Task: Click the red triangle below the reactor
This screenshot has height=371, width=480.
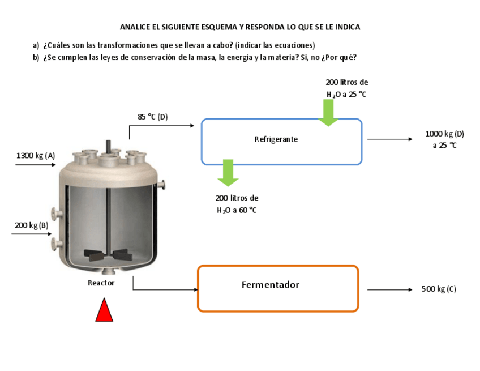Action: pyautogui.click(x=104, y=311)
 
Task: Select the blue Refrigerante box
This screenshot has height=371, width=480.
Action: pyautogui.click(x=281, y=142)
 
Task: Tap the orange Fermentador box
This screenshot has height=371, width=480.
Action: pyautogui.click(x=277, y=288)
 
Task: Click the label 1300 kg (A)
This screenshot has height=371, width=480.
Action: pyautogui.click(x=36, y=155)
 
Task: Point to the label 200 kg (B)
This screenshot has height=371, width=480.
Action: pyautogui.click(x=32, y=225)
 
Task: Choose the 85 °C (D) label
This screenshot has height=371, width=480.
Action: pyautogui.click(x=153, y=117)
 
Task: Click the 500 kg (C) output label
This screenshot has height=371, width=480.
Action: pyautogui.click(x=439, y=289)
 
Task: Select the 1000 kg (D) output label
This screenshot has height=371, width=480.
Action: pyautogui.click(x=444, y=139)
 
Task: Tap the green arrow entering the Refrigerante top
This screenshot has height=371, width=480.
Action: pyautogui.click(x=328, y=112)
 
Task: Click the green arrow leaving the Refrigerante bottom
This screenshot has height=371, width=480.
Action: pyautogui.click(x=228, y=173)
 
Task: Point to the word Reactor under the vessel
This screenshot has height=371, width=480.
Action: pyautogui.click(x=101, y=283)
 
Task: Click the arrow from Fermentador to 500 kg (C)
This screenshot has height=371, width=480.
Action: pyautogui.click(x=390, y=289)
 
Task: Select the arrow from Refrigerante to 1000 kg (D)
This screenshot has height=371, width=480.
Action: pyautogui.click(x=390, y=139)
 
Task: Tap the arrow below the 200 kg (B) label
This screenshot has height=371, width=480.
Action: pyautogui.click(x=32, y=233)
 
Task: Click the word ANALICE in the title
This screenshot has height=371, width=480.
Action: pyautogui.click(x=136, y=27)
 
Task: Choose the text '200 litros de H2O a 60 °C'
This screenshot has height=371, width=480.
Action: pyautogui.click(x=237, y=204)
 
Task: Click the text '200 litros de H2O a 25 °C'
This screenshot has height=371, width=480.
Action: pyautogui.click(x=346, y=88)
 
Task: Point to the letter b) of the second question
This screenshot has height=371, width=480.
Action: pyautogui.click(x=36, y=57)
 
